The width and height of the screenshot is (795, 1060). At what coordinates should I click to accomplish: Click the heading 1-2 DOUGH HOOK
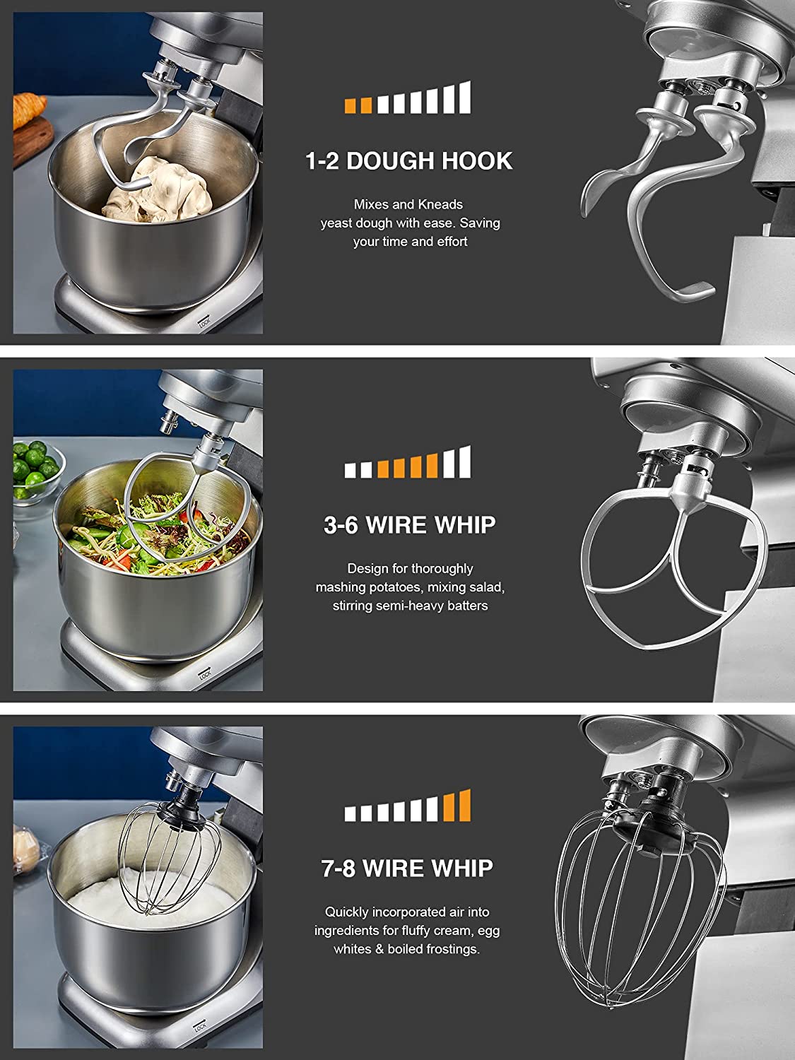coord(409,161)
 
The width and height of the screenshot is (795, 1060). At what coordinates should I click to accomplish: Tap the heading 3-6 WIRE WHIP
coord(409,525)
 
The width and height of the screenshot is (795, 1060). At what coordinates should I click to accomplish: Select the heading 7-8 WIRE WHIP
coord(408,868)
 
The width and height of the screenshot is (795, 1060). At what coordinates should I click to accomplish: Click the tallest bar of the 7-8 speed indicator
coord(464,805)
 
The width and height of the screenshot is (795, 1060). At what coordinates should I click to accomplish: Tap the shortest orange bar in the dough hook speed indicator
coord(351,106)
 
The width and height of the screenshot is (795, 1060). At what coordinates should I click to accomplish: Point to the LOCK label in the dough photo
coord(204,323)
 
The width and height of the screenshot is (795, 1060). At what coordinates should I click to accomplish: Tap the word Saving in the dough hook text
coord(479,223)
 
